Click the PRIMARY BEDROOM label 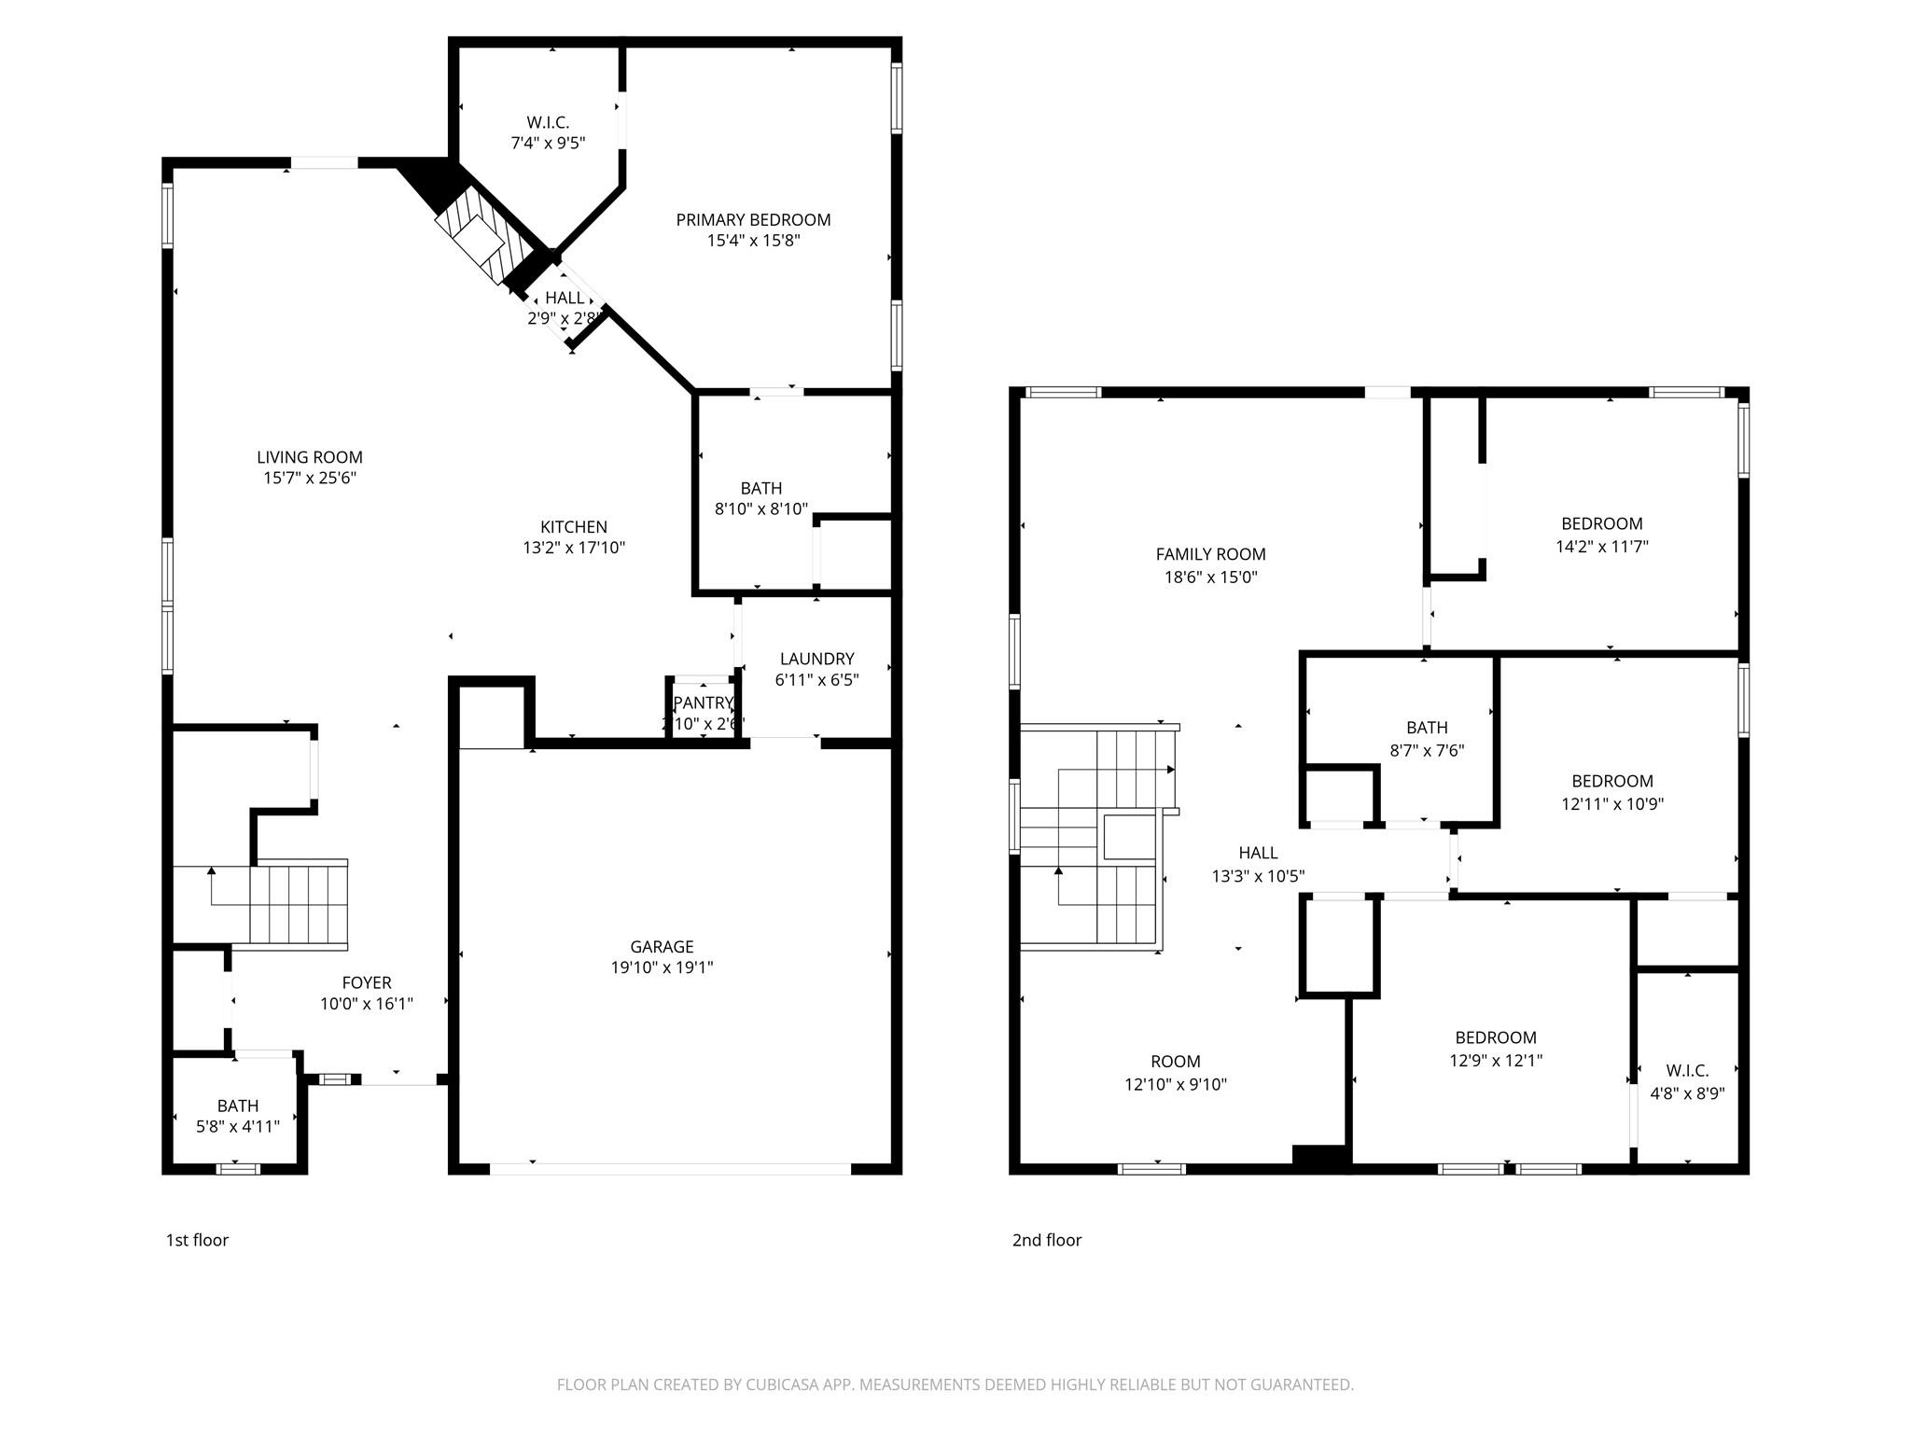(753, 220)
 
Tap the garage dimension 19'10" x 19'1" (662, 967)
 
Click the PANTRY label (703, 703)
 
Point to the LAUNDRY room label (816, 659)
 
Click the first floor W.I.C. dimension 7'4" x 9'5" (548, 144)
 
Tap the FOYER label (367, 982)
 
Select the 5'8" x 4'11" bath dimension (238, 1126)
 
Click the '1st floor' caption (197, 1240)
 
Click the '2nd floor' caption (1047, 1240)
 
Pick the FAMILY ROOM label (1210, 554)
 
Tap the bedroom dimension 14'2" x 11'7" (1601, 547)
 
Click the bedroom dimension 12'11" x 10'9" (1612, 804)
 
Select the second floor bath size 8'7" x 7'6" (1427, 750)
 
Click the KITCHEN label (574, 527)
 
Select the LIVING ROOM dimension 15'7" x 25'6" (310, 478)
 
